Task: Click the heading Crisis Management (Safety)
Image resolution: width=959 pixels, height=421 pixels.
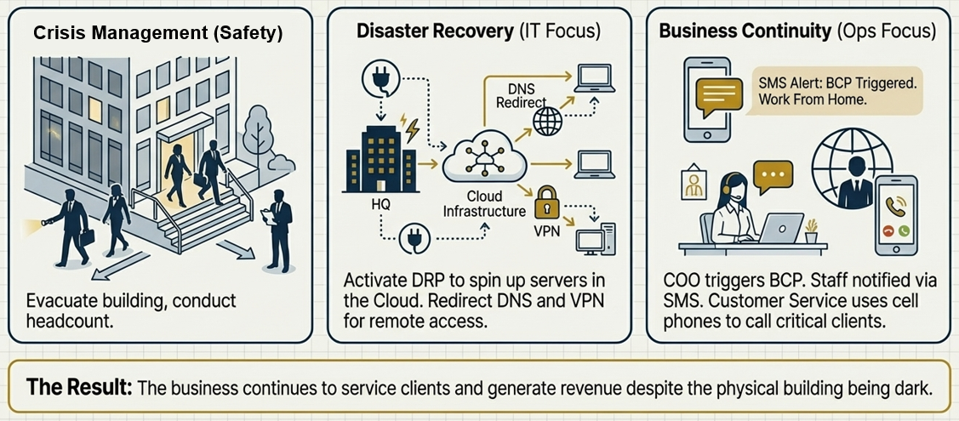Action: (x=157, y=33)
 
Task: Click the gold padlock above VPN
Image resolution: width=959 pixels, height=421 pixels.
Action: (x=545, y=207)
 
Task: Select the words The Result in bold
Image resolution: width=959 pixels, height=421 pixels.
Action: (x=79, y=387)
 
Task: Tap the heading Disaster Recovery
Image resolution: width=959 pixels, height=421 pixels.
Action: (x=434, y=32)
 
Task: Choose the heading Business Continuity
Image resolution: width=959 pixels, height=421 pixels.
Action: (x=745, y=31)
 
